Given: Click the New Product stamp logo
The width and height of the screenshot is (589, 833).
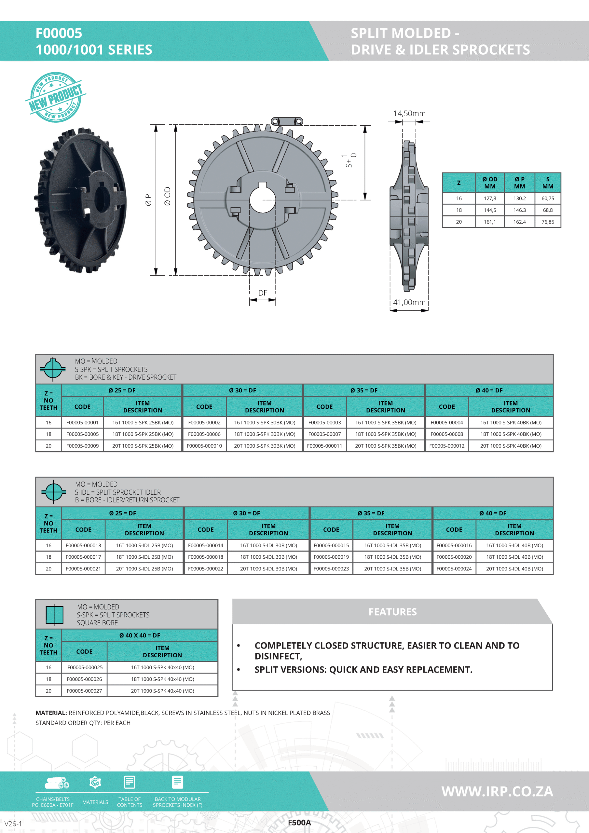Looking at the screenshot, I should click(56, 97).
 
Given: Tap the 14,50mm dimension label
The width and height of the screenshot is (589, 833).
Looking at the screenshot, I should click(409, 114).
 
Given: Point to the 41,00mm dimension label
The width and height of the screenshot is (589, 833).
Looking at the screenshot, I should click(409, 302).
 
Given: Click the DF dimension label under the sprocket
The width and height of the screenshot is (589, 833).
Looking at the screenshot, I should click(262, 293).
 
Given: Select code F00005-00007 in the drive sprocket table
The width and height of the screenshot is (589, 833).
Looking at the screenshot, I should click(324, 434).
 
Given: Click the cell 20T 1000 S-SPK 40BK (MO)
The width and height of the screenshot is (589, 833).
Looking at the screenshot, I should click(511, 446).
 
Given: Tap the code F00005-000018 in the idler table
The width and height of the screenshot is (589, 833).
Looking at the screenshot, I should click(205, 557).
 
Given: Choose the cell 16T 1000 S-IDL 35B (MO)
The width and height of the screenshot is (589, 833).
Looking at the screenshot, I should click(392, 545).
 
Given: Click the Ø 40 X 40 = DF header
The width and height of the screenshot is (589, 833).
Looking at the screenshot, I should click(140, 635).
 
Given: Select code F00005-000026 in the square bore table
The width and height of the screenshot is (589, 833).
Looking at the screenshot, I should click(84, 679).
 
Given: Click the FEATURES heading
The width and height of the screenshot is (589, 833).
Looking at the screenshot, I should click(392, 612).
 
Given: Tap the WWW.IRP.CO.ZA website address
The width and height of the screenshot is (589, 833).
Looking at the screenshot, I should click(497, 791).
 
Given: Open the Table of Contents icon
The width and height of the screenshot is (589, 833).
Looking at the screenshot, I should click(130, 783).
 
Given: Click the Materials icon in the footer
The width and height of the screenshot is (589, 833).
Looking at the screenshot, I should click(95, 783).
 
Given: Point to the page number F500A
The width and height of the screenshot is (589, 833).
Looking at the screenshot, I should click(299, 823).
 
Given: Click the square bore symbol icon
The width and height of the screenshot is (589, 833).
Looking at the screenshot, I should click(54, 614).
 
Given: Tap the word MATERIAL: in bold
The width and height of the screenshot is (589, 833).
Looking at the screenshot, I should click(51, 713).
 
